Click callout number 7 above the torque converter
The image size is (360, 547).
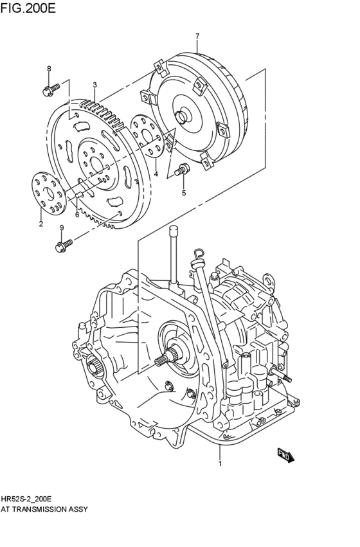coord(197,36)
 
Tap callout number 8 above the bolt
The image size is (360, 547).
coord(48,69)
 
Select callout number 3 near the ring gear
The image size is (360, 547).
coord(94,85)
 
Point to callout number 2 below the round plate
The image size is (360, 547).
coord(40,224)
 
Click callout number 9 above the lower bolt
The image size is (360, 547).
coord(62,228)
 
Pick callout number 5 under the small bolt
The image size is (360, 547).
coord(183,192)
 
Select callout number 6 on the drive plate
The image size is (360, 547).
coord(76,215)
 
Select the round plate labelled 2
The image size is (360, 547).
coord(46,189)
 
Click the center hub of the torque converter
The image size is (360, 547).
coord(184,117)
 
